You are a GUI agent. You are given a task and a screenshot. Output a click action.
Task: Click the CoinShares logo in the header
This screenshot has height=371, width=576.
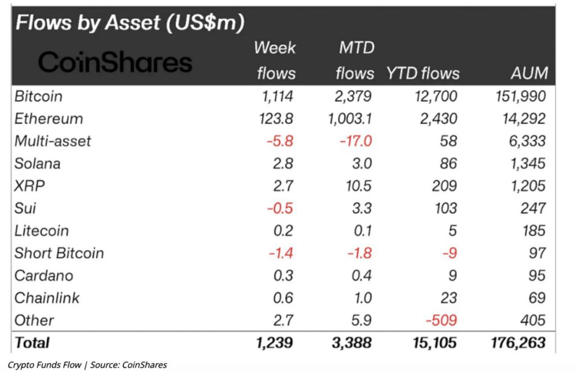pyautogui.click(x=115, y=62)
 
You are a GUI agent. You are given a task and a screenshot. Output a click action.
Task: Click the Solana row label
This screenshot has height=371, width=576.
pyautogui.click(x=38, y=164)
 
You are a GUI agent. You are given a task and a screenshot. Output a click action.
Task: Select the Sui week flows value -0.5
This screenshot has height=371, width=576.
pyautogui.click(x=280, y=208)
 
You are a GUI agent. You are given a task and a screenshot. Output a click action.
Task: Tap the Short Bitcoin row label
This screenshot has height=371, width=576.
pyautogui.click(x=60, y=253)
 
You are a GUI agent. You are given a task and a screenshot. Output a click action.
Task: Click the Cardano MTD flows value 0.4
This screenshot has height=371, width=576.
pyautogui.click(x=361, y=276)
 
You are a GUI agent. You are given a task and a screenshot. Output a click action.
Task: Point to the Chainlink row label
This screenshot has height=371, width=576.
pyautogui.click(x=47, y=298)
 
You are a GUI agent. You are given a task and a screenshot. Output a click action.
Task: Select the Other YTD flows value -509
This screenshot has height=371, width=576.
pyautogui.click(x=441, y=320)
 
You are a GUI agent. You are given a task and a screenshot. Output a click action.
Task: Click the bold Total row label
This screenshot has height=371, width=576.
pyautogui.click(x=33, y=342)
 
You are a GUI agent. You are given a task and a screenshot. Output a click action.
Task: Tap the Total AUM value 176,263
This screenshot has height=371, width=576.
pyautogui.click(x=517, y=342)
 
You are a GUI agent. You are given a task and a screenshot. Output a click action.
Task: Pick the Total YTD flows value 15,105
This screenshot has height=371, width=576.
pyautogui.click(x=434, y=342)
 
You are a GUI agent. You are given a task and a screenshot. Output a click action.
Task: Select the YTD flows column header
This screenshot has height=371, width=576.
pyautogui.click(x=422, y=73)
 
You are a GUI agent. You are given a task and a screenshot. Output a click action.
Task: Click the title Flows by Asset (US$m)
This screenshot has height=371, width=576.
pyautogui.click(x=129, y=23)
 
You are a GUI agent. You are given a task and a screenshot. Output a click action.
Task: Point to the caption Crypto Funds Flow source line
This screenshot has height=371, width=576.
pyautogui.click(x=87, y=364)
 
